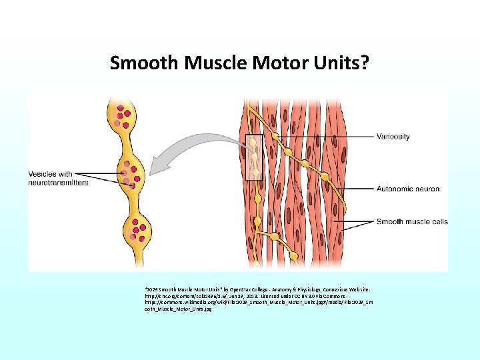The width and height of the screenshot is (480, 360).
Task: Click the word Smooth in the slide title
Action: click(137, 63)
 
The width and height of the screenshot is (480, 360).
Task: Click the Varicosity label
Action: click(393, 137)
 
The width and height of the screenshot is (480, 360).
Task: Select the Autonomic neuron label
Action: click(408, 189)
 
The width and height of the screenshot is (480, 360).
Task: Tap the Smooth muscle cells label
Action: click(412, 222)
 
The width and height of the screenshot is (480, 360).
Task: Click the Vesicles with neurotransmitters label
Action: click(58, 178)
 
